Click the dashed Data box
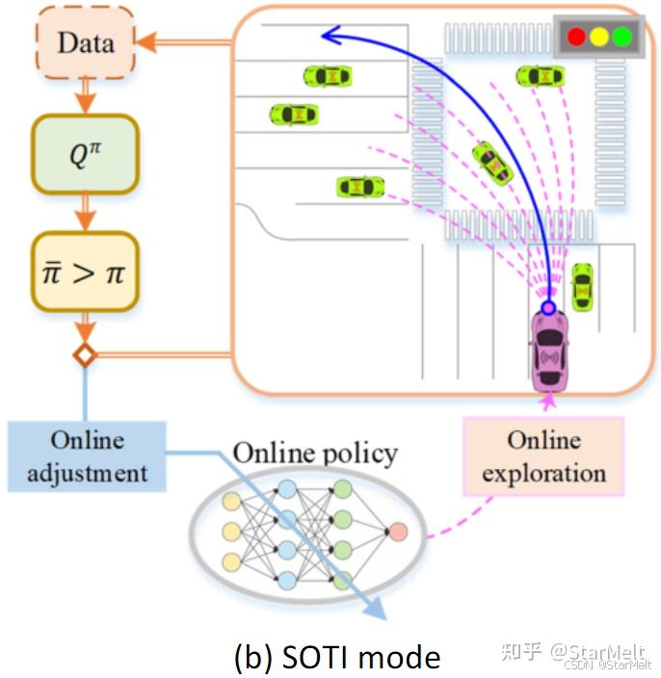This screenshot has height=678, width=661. [84, 43]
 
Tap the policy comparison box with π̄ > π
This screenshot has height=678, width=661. [85, 272]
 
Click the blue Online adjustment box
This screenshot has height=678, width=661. [87, 456]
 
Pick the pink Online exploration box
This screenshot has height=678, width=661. [543, 456]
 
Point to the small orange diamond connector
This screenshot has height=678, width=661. [85, 355]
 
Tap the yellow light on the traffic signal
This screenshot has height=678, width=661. [599, 38]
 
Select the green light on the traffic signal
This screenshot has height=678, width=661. [621, 38]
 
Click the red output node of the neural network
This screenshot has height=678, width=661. [398, 531]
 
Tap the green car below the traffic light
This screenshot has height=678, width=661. [540, 76]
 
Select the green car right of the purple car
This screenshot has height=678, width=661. [582, 286]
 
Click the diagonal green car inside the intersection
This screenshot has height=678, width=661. [492, 163]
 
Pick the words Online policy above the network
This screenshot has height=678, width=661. [316, 453]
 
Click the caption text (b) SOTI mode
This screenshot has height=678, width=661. [337, 656]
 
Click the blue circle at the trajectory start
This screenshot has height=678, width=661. [548, 307]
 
